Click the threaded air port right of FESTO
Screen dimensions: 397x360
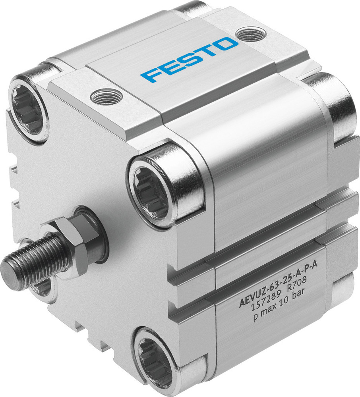250,35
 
